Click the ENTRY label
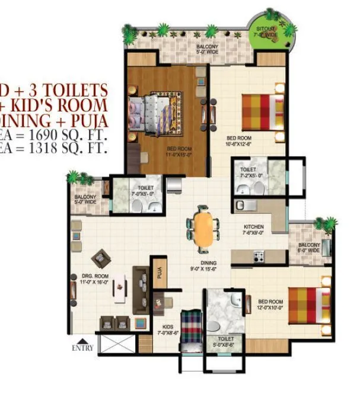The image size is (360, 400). click(82, 348)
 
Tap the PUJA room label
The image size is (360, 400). click(159, 273)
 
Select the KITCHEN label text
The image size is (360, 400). click(253, 227)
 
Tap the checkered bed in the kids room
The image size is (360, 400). click(191, 327)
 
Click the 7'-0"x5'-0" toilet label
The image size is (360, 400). click(142, 190)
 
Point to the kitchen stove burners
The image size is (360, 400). click(259, 257)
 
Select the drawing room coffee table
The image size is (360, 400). click(122, 289)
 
